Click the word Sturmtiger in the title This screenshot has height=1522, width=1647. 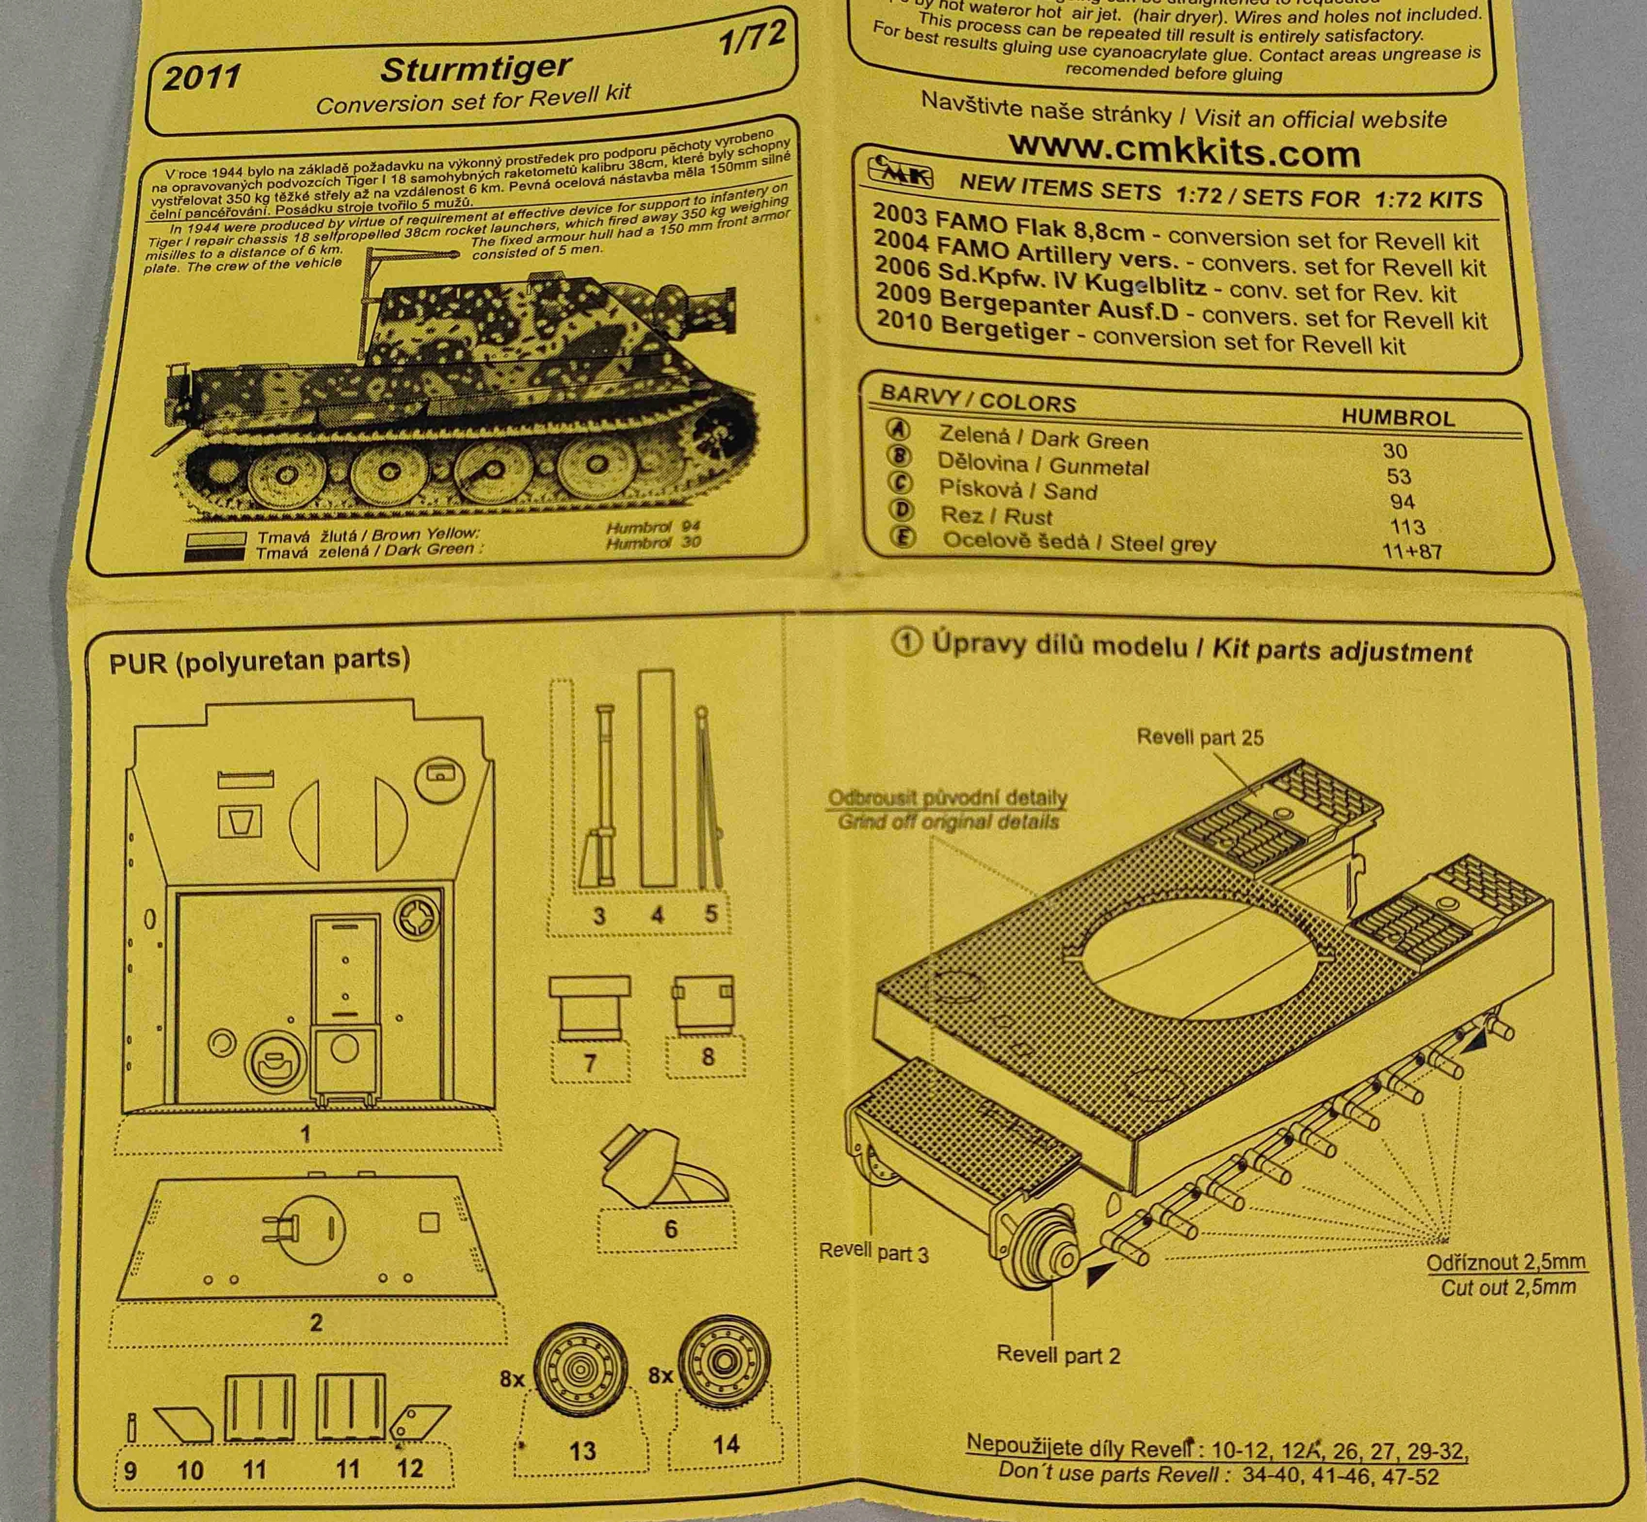(x=475, y=68)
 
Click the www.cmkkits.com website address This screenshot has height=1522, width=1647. (x=1184, y=151)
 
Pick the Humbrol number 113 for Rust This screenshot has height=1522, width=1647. (x=1406, y=526)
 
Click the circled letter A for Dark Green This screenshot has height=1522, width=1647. (x=898, y=429)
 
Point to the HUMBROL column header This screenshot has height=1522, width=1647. (x=1397, y=417)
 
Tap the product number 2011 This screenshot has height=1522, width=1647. (x=202, y=77)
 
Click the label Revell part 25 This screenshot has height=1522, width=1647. (x=1200, y=737)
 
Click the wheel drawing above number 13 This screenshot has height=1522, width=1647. (x=580, y=1371)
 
